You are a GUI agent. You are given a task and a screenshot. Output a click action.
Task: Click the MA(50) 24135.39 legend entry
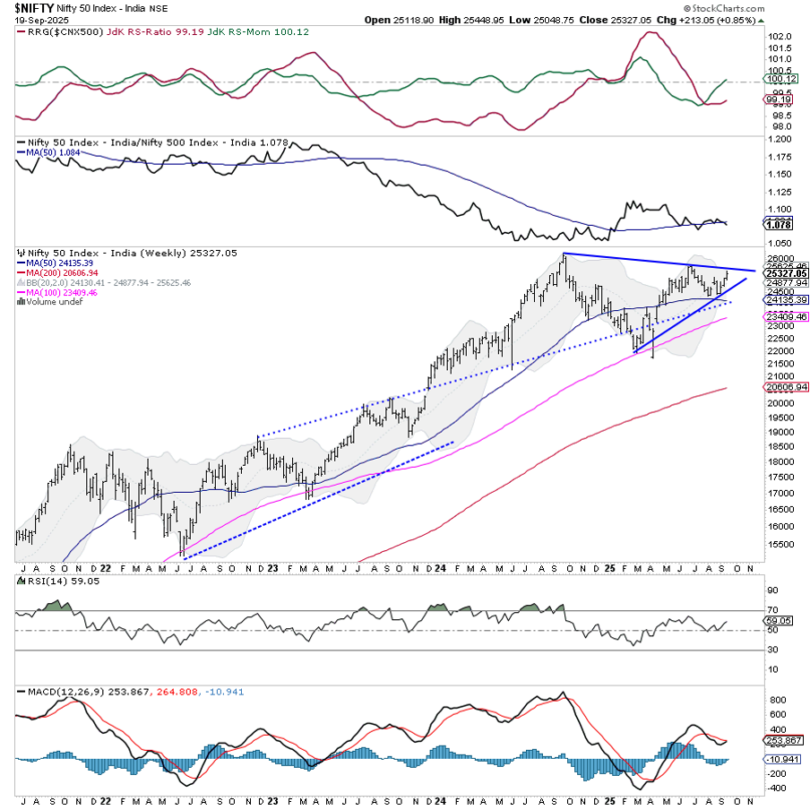(59, 263)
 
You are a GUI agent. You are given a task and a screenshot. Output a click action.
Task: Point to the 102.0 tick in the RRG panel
(780, 37)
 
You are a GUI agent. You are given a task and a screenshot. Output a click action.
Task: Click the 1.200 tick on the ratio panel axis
(780, 140)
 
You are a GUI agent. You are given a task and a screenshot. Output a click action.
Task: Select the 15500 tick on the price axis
(780, 544)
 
